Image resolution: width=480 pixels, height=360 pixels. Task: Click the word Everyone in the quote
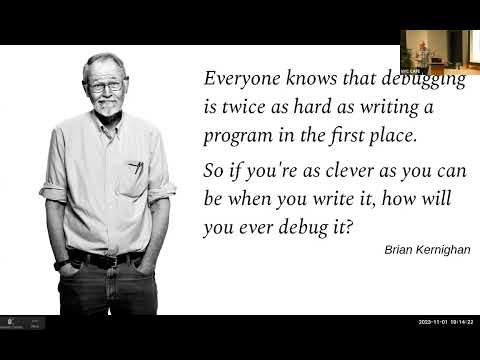pyautogui.click(x=238, y=78)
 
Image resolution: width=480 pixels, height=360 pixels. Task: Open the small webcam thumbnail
pyautogui.click(x=437, y=48)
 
